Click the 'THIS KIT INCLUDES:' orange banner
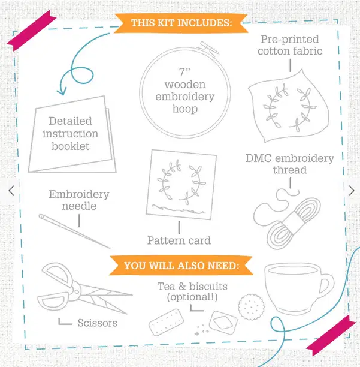(181, 23)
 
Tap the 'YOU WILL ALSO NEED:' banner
(181, 266)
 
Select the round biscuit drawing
(252, 307)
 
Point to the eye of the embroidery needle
(42, 217)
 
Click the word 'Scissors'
(97, 323)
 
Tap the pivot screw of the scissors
(77, 291)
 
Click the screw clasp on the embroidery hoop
(208, 48)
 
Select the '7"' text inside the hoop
(184, 72)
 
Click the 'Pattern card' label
(179, 240)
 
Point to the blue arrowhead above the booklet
(62, 91)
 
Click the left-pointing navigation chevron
(11, 191)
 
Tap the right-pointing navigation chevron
(352, 191)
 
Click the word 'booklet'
(70, 146)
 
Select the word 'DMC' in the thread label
(259, 158)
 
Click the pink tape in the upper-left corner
(32, 31)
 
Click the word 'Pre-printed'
(290, 40)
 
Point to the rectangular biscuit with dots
(166, 322)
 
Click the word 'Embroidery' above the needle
(79, 194)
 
